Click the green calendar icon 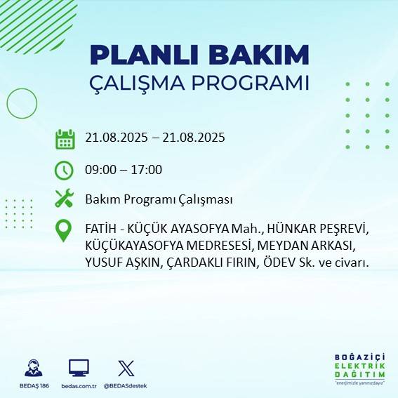pos(65,138)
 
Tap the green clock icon pos(65,169)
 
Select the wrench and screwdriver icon pos(65,199)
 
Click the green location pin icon pos(65,231)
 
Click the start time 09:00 pos(99,169)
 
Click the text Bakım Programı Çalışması pos(159,199)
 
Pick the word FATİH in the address pos(99,230)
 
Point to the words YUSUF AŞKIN pos(119,263)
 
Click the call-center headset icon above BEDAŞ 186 pos(34,367)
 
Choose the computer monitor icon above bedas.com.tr pos(79,367)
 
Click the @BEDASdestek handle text pos(126,386)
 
